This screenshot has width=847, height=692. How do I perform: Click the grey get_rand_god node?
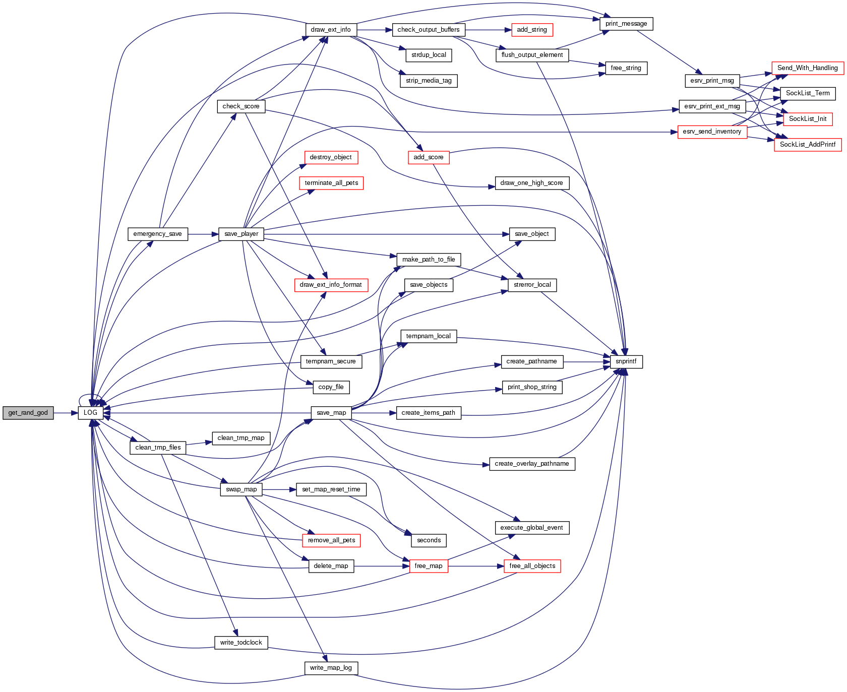click(x=28, y=413)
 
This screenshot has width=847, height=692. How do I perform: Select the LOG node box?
click(x=91, y=413)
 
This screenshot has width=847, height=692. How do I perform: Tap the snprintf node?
click(x=626, y=361)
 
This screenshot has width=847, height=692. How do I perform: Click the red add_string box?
click(x=532, y=30)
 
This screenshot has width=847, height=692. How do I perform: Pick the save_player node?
click(x=241, y=234)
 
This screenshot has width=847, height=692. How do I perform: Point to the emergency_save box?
click(x=158, y=234)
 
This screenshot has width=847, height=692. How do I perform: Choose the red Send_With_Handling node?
click(x=807, y=68)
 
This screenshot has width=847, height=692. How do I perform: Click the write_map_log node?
click(x=331, y=668)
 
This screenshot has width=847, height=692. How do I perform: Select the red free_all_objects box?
click(x=532, y=566)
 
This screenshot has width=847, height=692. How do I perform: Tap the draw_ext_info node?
click(x=331, y=30)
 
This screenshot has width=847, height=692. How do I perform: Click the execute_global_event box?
click(x=532, y=528)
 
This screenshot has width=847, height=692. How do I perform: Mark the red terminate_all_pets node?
click(x=331, y=183)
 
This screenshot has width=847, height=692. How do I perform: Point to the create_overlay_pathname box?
click(x=532, y=464)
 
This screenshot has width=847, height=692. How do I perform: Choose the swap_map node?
click(x=241, y=489)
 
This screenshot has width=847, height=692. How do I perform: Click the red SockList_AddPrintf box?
click(x=808, y=145)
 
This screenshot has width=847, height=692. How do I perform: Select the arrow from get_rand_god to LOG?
click(x=66, y=413)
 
